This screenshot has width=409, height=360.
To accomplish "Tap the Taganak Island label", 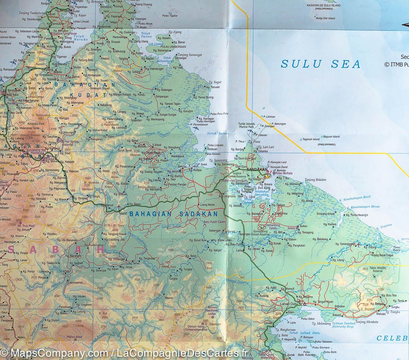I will [x=311, y=139].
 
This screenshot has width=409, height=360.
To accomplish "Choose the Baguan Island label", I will [x=331, y=137].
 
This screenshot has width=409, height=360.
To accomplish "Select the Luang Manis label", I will [x=207, y=204].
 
